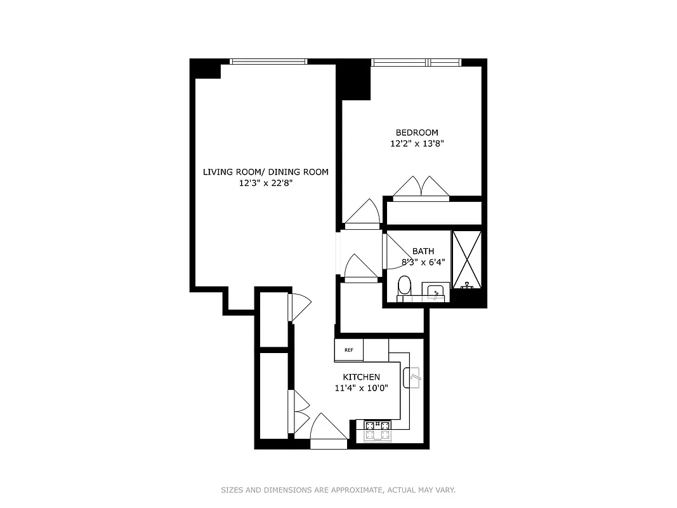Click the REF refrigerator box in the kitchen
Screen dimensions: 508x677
[x=348, y=350]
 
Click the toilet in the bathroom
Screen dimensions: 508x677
[x=404, y=287]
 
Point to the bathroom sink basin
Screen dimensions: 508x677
[x=435, y=292]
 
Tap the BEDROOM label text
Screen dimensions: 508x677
[x=417, y=132]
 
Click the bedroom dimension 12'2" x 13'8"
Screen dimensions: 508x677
[x=417, y=144]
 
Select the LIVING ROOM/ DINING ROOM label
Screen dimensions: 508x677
[x=266, y=171]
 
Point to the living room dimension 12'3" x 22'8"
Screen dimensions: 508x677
[x=266, y=184]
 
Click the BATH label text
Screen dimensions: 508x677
[x=423, y=251]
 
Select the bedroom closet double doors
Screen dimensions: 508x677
[x=421, y=188]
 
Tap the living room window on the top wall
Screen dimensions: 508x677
[x=268, y=62]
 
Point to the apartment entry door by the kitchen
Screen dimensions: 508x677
[x=329, y=429]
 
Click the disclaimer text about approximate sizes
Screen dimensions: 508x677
[x=338, y=490]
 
